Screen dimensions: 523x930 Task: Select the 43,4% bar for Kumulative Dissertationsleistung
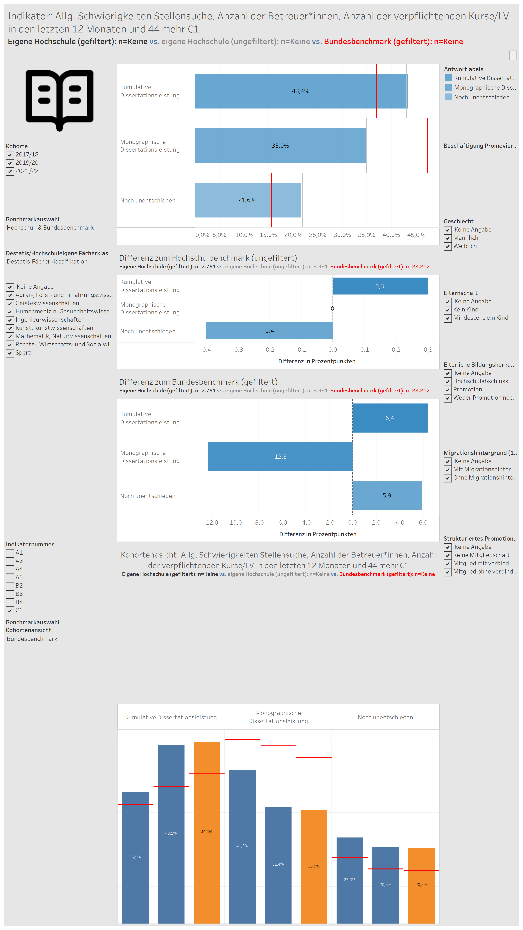(x=301, y=91)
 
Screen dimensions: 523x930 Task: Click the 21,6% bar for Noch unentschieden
(x=248, y=200)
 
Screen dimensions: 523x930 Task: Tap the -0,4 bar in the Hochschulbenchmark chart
(x=269, y=331)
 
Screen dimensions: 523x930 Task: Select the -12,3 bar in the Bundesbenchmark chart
(x=280, y=457)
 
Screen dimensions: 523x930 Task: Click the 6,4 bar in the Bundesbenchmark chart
(x=390, y=418)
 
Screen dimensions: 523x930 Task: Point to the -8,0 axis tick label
(x=258, y=523)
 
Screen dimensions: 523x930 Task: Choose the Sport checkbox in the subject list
(x=10, y=353)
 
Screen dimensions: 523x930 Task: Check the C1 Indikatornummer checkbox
(x=10, y=610)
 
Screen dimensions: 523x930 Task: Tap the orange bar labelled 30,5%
(x=314, y=866)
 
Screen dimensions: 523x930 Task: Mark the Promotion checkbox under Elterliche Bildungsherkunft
(x=448, y=390)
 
